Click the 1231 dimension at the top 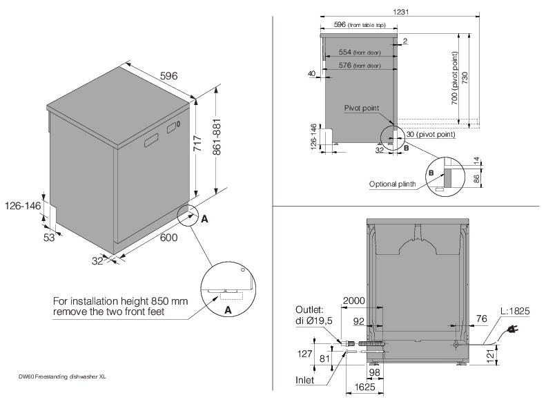[401, 12]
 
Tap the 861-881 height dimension [217, 137]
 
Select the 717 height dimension [197, 143]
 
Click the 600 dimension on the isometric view [168, 238]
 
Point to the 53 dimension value [49, 238]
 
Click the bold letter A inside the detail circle [228, 310]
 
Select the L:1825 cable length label [515, 311]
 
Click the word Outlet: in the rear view [309, 309]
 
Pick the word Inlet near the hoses [304, 381]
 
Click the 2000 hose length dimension [354, 301]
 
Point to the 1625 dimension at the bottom [364, 387]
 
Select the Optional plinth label [393, 184]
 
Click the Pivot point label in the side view [362, 108]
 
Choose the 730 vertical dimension [465, 78]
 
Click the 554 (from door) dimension [360, 52]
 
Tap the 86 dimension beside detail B [477, 179]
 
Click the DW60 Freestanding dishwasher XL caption [62, 377]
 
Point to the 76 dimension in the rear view [481, 318]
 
